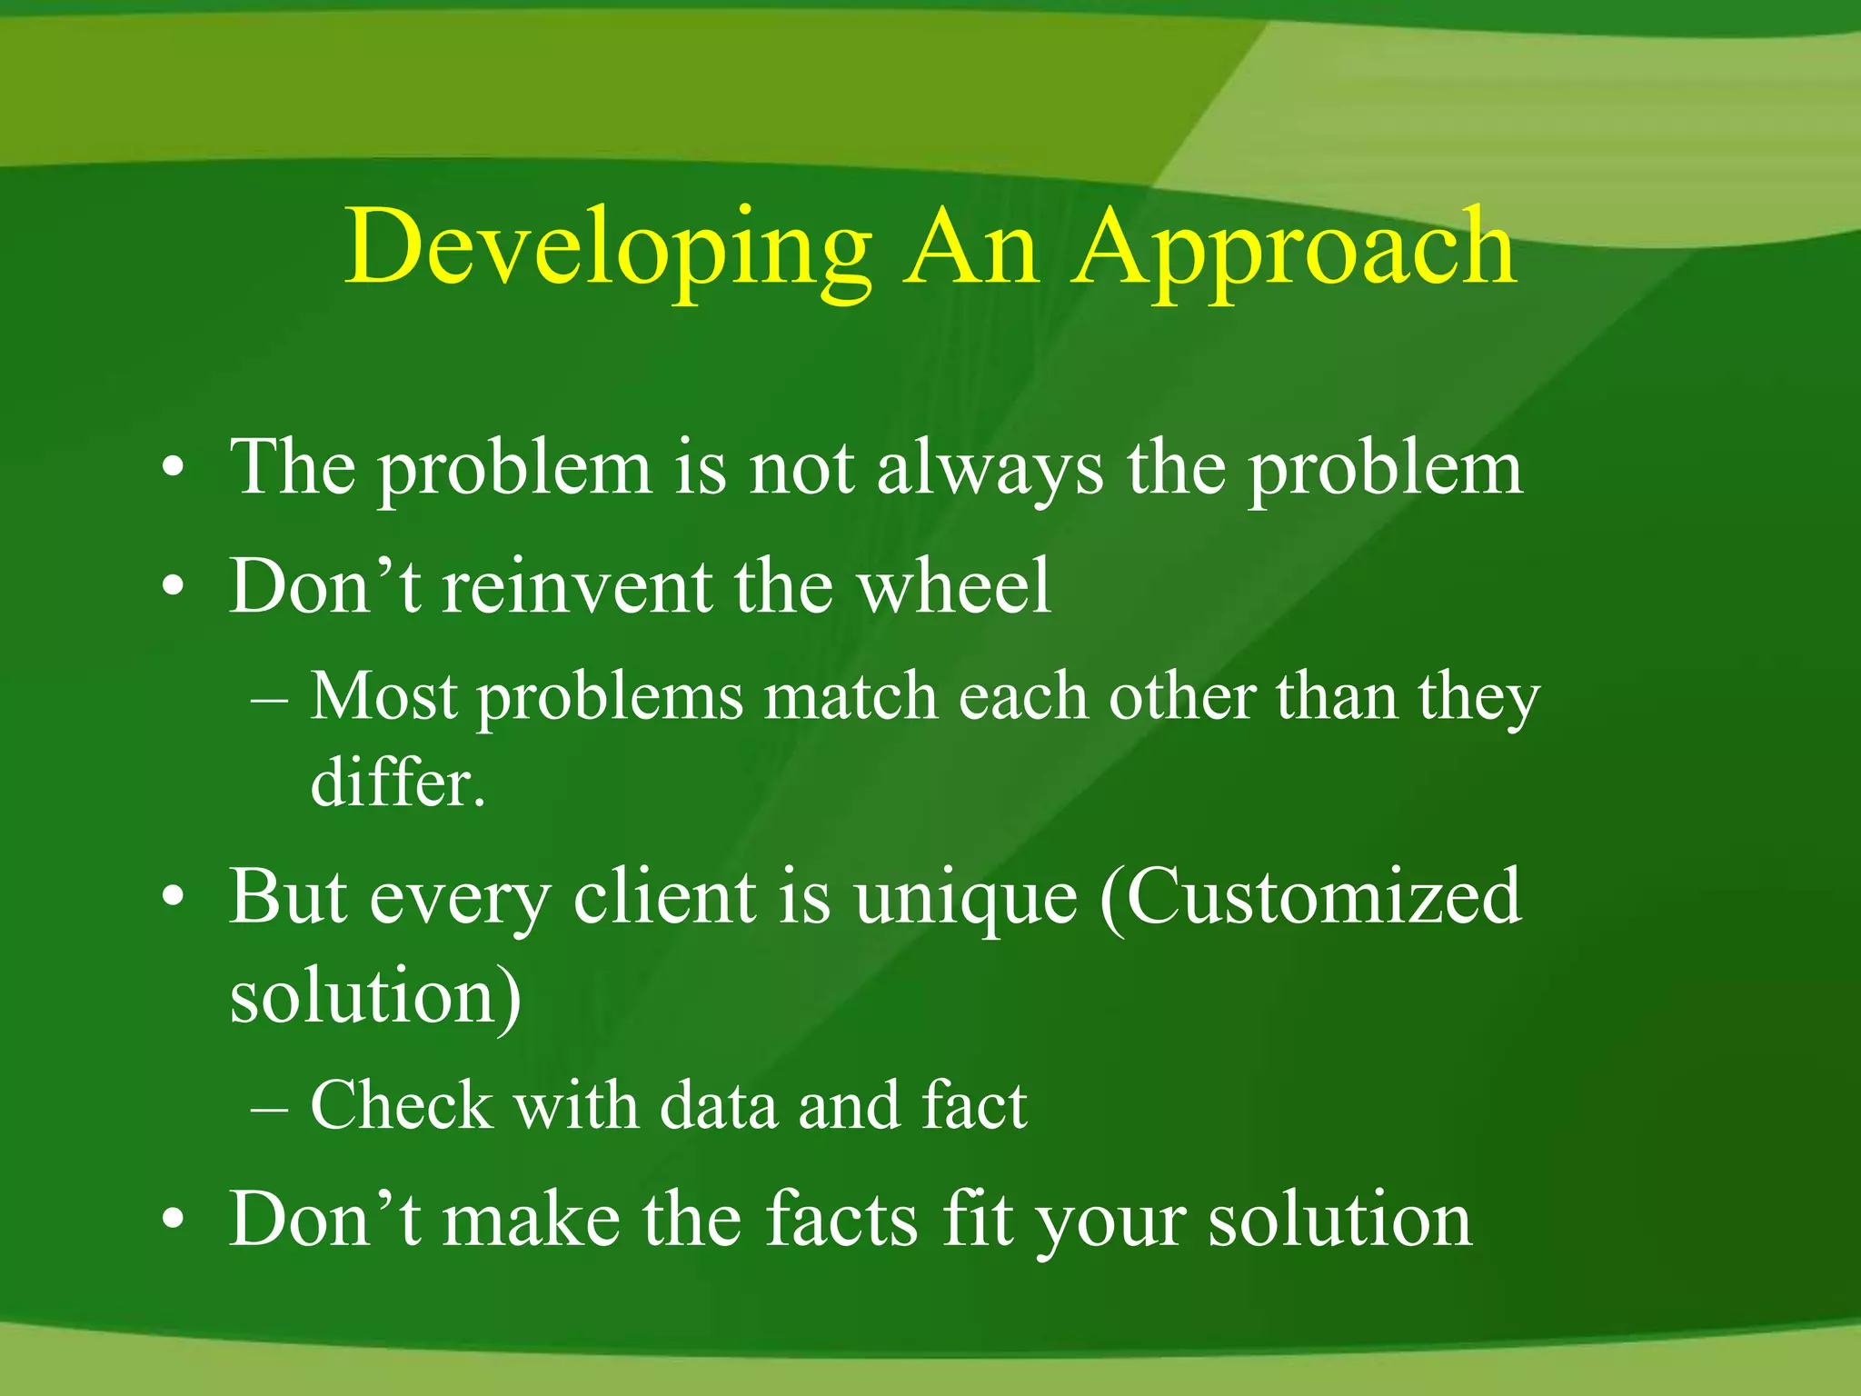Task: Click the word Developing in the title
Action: tap(607, 247)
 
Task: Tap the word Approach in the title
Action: tap(1294, 247)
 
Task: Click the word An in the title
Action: tap(970, 247)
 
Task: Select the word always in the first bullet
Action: tap(990, 469)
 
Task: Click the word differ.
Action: tap(397, 783)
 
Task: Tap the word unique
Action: tap(966, 899)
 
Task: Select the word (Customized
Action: tap(1309, 897)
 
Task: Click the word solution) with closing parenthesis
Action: tap(375, 997)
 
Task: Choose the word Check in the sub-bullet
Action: tap(401, 1106)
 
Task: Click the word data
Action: tap(719, 1106)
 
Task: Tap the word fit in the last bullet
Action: tap(978, 1220)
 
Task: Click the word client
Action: tap(664, 897)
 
